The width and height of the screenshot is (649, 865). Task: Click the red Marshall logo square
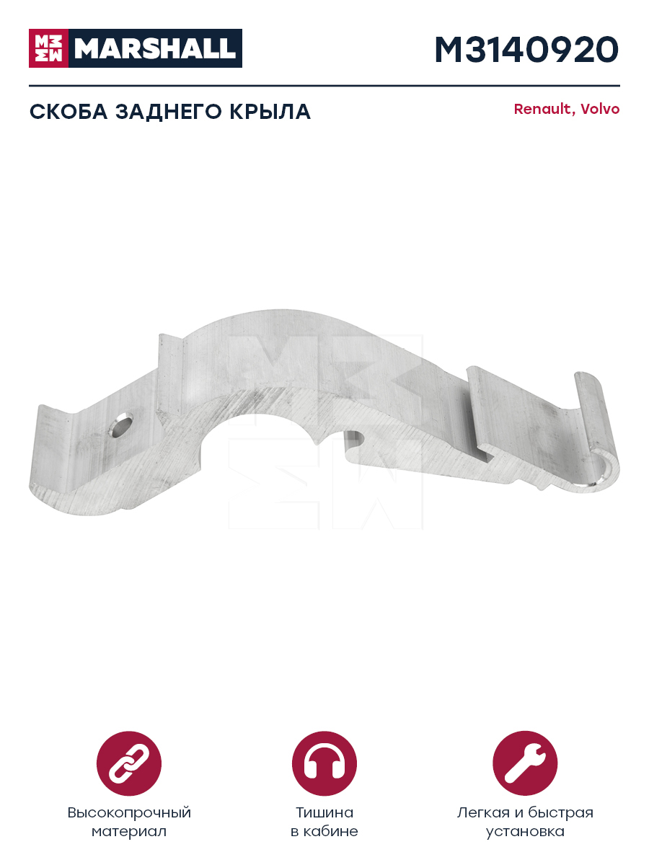[48, 48]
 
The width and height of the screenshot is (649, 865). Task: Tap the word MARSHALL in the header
[155, 48]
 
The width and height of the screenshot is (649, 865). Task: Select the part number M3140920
[526, 50]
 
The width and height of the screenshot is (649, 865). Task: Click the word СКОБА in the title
[69, 112]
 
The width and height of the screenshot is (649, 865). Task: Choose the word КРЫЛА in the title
[270, 112]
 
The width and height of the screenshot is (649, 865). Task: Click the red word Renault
[542, 109]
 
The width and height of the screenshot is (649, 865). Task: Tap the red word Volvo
[600, 109]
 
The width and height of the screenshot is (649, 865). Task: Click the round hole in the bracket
[120, 425]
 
